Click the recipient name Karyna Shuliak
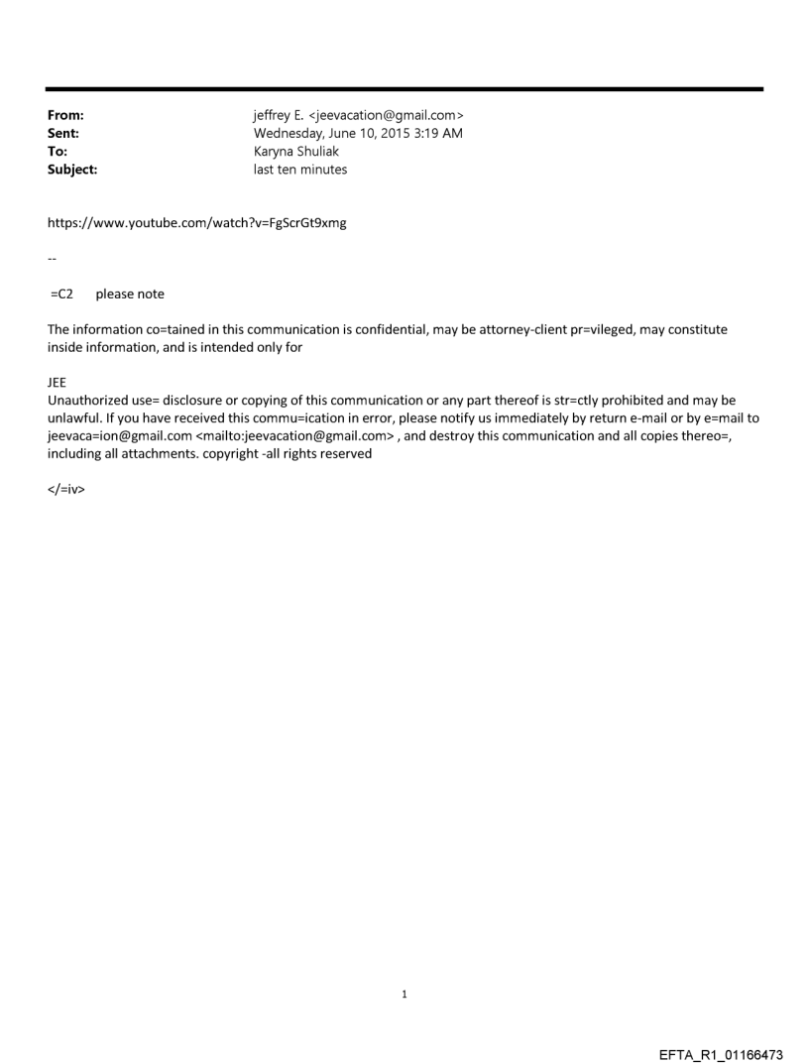296,152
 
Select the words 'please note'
130,294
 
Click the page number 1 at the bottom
404,995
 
